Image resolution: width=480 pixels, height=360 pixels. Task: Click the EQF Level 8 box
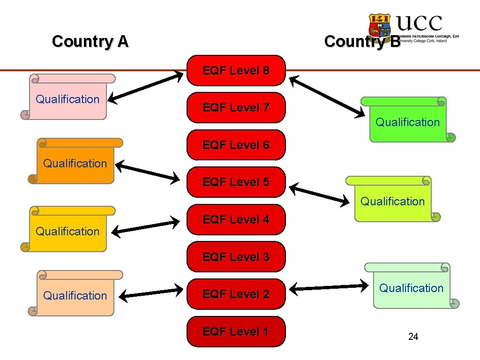click(236, 71)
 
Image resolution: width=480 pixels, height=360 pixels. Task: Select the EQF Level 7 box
click(236, 108)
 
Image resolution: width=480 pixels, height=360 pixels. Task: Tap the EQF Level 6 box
click(236, 145)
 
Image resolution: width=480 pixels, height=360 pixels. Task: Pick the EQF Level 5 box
click(236, 182)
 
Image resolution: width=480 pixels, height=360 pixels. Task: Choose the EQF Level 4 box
click(236, 219)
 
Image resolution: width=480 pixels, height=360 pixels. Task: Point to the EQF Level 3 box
click(236, 257)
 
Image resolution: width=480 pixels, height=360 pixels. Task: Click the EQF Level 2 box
click(236, 294)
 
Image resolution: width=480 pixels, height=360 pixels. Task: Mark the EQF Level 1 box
click(236, 332)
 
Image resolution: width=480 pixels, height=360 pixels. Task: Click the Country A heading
click(90, 41)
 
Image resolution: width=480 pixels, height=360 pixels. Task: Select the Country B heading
click(362, 41)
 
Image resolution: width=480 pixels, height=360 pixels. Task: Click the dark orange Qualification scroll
click(75, 162)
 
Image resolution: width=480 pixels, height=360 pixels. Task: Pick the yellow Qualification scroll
click(68, 230)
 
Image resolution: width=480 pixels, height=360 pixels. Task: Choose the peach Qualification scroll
click(75, 294)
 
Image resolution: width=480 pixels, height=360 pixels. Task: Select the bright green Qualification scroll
click(407, 121)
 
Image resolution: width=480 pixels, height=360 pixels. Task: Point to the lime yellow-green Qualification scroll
click(392, 200)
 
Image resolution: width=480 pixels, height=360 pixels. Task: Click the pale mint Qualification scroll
click(411, 286)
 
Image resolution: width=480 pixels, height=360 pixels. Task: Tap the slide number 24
click(413, 337)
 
